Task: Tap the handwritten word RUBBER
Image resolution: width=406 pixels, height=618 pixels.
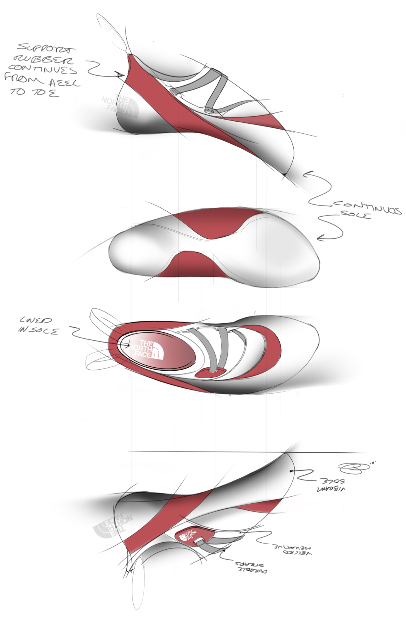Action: [x=43, y=60]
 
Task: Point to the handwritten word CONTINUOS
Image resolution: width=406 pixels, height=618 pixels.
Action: [x=367, y=207]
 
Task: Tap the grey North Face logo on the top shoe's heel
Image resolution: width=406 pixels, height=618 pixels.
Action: [x=120, y=105]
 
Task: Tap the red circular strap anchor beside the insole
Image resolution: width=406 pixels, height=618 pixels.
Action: [x=211, y=372]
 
